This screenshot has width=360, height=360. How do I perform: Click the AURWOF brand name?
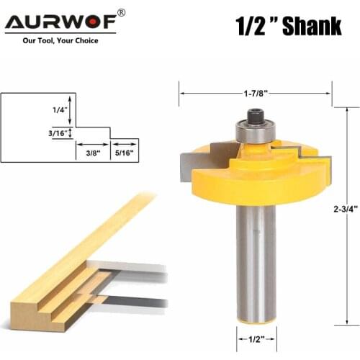pos(60,22)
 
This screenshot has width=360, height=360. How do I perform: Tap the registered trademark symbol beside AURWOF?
pos(121,13)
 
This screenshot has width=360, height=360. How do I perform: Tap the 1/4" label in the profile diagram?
pos(59,109)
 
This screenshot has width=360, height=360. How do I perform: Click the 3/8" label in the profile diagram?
pos(92,152)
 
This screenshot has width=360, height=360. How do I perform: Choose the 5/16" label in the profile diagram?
pos(125,152)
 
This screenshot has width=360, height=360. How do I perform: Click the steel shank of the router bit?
pos(255,259)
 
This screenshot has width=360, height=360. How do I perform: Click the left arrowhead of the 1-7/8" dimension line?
pos(182,93)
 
